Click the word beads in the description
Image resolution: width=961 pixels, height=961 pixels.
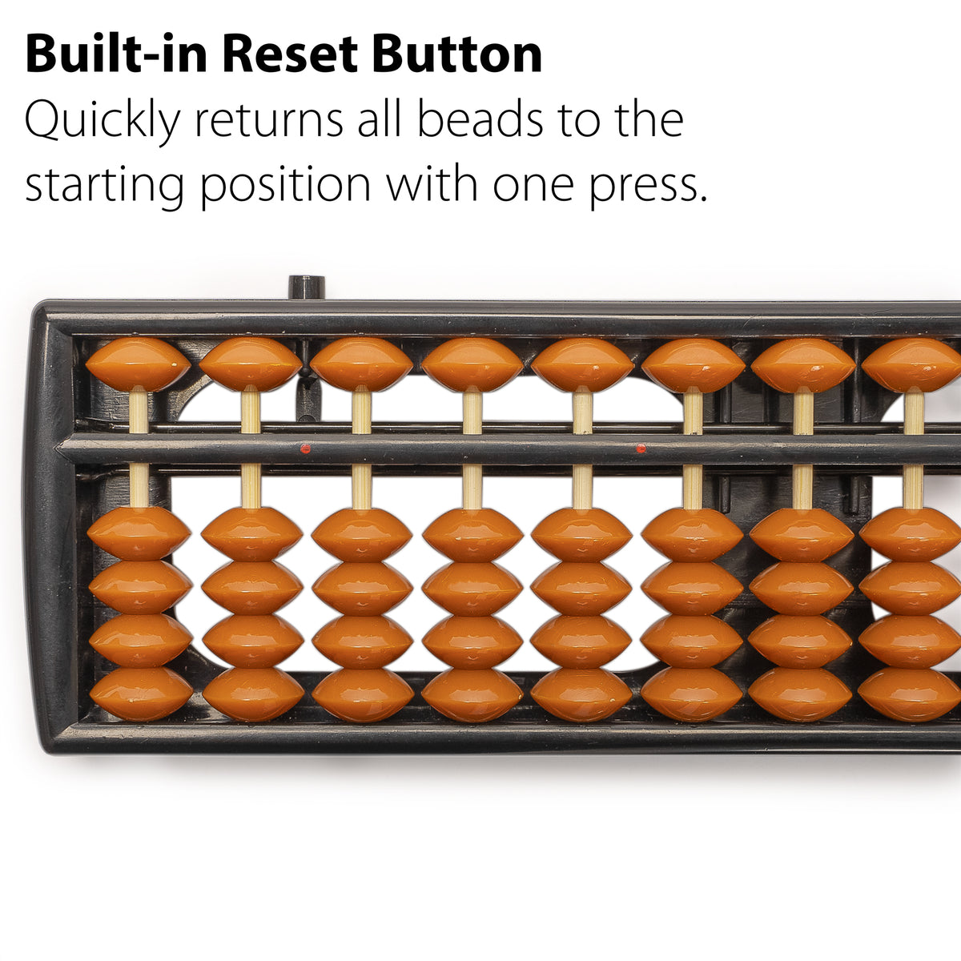pos(480,119)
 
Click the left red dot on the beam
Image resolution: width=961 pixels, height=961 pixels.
pos(306,448)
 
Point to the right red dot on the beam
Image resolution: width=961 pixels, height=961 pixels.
pos(641,448)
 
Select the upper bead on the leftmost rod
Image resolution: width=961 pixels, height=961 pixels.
pos(138,364)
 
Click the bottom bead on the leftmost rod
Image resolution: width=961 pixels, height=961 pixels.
pos(141,694)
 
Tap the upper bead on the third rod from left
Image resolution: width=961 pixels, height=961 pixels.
pos(361,364)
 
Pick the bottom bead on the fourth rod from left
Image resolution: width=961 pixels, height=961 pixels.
pos(472,694)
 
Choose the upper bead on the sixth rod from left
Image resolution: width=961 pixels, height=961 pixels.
pos(694,365)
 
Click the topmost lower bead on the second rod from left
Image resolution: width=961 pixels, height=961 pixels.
pos(251,534)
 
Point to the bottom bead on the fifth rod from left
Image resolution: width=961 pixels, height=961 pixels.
pos(581,694)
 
